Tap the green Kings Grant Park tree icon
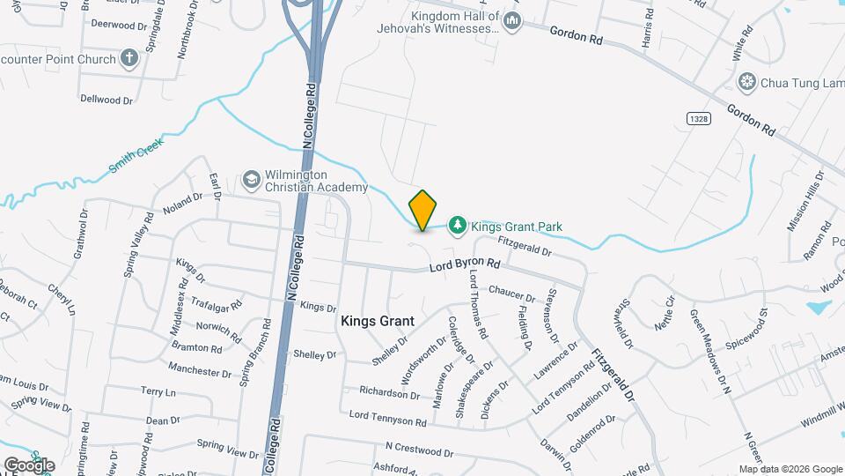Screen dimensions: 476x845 pos(457,227)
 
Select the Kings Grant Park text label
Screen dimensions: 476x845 pos(516,227)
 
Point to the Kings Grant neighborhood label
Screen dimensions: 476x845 pos(378,322)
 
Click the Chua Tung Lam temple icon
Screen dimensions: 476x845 pos(748,82)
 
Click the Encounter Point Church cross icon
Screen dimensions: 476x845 pos(129,59)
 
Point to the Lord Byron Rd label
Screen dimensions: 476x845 pos(465,264)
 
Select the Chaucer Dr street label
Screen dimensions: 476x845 pos(511,291)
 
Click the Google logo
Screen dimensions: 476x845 pos(28,465)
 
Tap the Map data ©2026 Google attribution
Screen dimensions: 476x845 pos(790,469)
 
